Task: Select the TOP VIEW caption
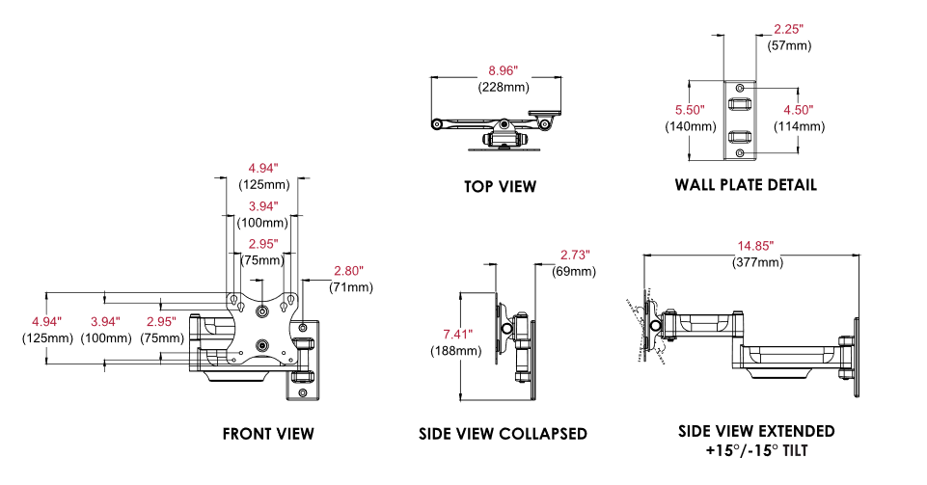pos(500,186)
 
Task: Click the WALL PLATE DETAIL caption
pos(746,184)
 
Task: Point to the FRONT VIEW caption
pos(268,434)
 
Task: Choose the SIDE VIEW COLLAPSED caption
pos(503,434)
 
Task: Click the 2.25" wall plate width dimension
pos(789,29)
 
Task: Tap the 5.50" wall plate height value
pos(690,110)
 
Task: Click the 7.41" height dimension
pos(457,334)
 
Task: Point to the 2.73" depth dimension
pos(575,255)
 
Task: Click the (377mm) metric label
pos(755,262)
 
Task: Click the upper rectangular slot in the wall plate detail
pos(739,103)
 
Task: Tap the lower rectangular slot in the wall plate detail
pos(739,136)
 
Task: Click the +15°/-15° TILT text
pos(755,450)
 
